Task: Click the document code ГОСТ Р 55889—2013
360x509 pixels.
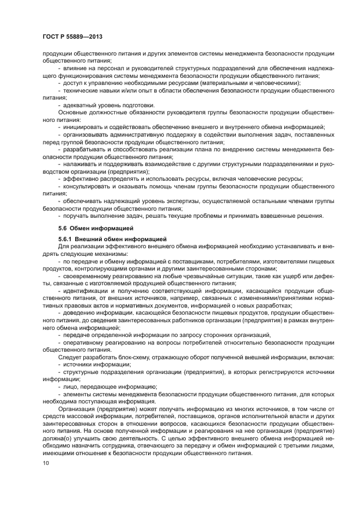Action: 72,36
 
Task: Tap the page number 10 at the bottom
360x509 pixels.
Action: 45,463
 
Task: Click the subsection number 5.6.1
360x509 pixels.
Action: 65,239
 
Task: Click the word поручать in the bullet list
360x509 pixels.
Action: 78,216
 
